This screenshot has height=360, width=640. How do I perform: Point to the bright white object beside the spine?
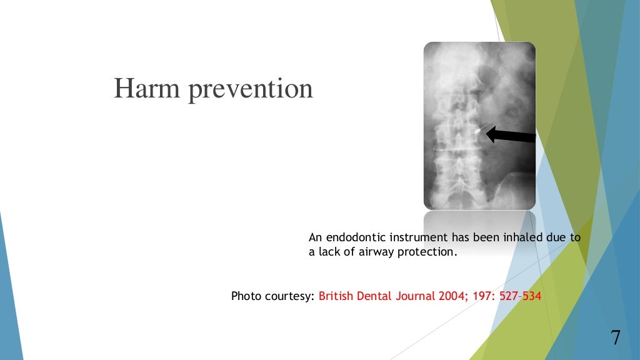(479, 132)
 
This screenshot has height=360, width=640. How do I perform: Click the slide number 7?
(616, 337)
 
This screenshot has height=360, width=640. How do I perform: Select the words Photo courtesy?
(272, 296)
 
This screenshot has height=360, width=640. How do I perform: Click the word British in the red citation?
(336, 296)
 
